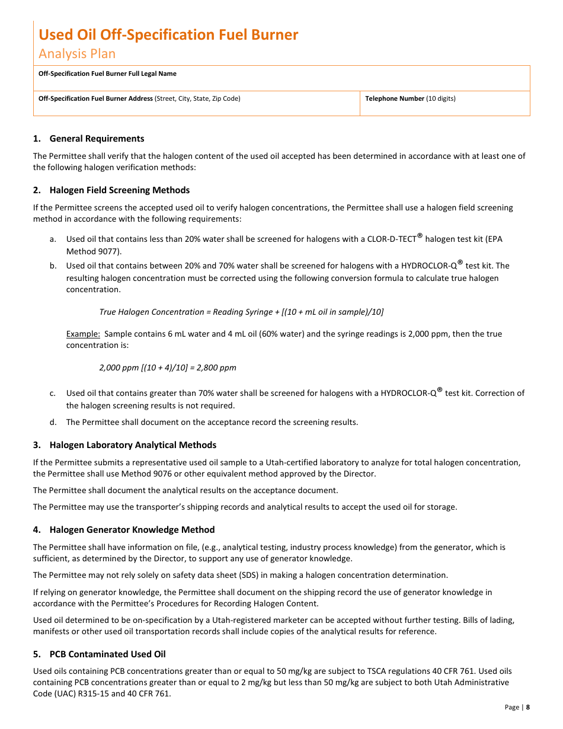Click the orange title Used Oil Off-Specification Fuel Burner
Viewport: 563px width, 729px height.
tap(168, 35)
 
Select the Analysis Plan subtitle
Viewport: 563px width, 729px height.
tap(77, 54)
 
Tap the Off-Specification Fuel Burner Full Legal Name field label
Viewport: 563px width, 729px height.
tap(107, 74)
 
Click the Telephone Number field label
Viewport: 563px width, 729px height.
tap(410, 99)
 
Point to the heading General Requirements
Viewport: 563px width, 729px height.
tap(97, 139)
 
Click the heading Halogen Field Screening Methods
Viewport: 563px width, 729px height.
tap(119, 190)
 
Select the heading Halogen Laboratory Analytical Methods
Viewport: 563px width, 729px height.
tap(133, 445)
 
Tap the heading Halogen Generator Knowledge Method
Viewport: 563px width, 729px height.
tap(132, 530)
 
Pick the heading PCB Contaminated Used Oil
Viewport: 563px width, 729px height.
tap(107, 654)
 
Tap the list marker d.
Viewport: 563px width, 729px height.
tap(53, 423)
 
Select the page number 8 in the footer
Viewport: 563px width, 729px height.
tap(527, 707)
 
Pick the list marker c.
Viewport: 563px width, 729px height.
tap(53, 394)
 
